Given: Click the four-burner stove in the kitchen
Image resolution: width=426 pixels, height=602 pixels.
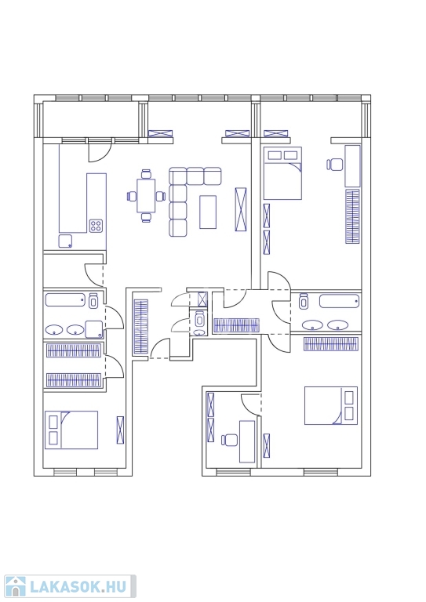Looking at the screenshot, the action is click(x=96, y=226).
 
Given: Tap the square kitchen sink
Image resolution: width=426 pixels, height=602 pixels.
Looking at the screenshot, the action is click(x=65, y=241).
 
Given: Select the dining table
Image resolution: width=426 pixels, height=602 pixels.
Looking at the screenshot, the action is click(x=146, y=195).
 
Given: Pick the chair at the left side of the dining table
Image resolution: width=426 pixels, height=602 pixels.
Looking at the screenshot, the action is click(x=132, y=196).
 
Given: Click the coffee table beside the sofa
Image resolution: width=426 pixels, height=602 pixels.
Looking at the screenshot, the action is click(x=208, y=212).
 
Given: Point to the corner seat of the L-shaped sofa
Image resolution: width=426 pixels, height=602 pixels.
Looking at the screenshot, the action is click(x=178, y=176).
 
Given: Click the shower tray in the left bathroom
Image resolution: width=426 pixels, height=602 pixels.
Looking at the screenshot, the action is click(x=94, y=329).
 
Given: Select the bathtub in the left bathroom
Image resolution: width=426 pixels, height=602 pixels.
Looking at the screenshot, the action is click(x=65, y=300).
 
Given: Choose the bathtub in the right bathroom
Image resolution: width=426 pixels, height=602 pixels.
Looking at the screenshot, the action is click(x=340, y=301).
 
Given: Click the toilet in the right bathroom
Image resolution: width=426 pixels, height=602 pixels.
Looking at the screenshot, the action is click(x=304, y=301).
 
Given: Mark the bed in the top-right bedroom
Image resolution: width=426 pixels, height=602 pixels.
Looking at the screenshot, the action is click(x=282, y=173).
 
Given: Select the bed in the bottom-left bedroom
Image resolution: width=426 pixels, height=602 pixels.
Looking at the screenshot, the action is click(x=71, y=430).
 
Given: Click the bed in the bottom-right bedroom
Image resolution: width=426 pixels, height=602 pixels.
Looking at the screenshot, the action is click(x=331, y=405).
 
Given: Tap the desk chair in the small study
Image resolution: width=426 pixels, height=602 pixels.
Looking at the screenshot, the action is click(x=229, y=440).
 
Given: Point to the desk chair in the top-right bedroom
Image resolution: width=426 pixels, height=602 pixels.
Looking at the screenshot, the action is click(x=334, y=165).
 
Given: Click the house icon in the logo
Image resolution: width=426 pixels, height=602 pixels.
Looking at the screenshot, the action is click(x=15, y=586).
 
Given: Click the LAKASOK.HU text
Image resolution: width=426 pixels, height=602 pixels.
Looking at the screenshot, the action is click(x=78, y=586).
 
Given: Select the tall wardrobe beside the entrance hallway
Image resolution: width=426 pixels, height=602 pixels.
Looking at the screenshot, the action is click(x=140, y=327).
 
